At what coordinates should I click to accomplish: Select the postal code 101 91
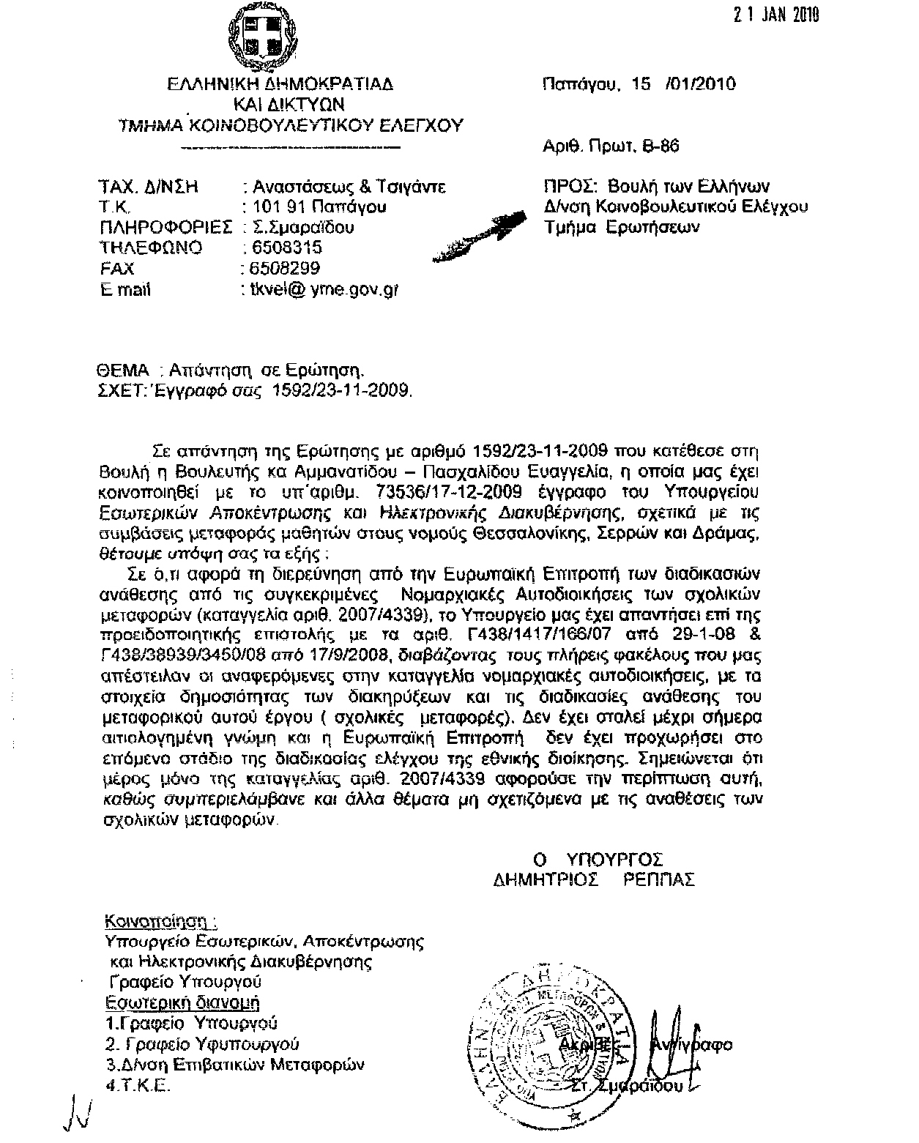click(275, 206)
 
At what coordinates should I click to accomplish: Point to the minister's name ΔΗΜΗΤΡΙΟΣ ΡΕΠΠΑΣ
click(593, 879)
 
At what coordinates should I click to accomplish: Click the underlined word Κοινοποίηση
click(160, 920)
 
